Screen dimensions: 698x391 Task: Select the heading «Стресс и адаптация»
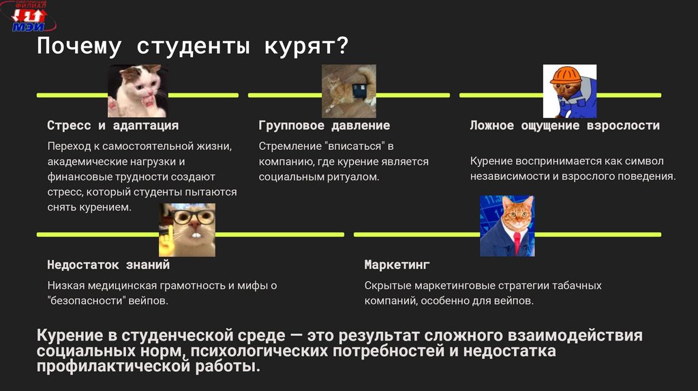pyautogui.click(x=112, y=126)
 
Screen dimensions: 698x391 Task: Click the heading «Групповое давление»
pyautogui.click(x=324, y=126)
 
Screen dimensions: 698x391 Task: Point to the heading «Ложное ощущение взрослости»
pyautogui.click(x=564, y=126)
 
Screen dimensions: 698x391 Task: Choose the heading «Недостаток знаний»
pyautogui.click(x=108, y=265)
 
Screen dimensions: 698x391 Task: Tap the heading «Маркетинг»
pyautogui.click(x=397, y=265)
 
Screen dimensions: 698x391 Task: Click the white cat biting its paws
pyautogui.click(x=138, y=91)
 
